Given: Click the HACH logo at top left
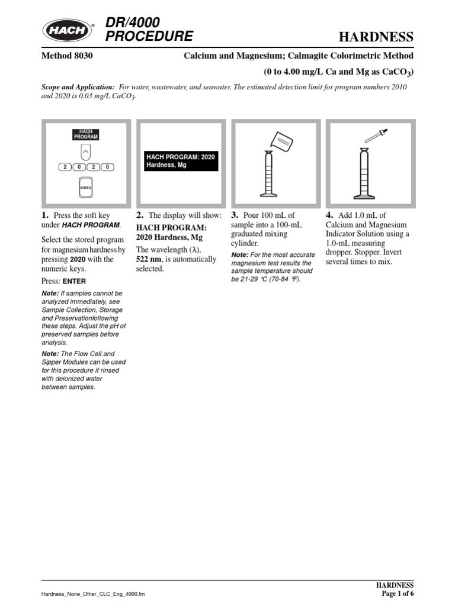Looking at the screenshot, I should coord(67,29).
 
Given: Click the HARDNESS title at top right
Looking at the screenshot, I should coord(376,37).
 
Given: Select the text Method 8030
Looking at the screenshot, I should coord(66,56).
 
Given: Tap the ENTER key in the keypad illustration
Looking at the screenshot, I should coord(86,187).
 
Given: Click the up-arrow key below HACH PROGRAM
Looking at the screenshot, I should coord(86,152).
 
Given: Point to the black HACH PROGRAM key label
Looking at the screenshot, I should coord(86,134).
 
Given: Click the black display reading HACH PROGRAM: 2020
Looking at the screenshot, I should coord(181,161).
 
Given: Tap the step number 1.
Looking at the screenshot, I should coord(45,215).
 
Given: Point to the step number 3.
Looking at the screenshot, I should coord(235,215).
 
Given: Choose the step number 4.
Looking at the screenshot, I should coord(329,215).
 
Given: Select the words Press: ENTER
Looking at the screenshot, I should coord(64,282).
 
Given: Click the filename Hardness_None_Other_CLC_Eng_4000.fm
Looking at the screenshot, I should coord(92,594).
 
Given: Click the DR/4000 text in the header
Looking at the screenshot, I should coord(132,22).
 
